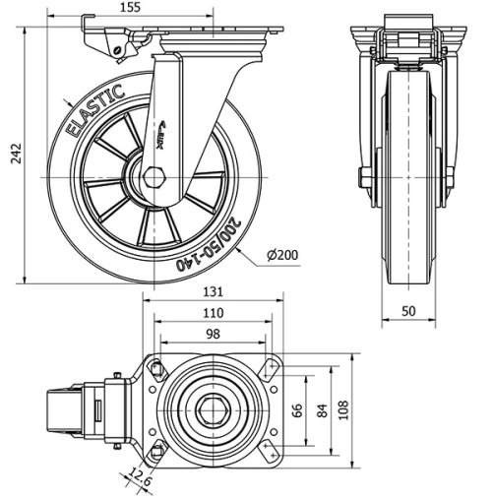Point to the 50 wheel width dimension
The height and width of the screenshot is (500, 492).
pyautogui.click(x=409, y=312)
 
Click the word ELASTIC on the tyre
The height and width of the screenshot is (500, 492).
pyautogui.click(x=94, y=110)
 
